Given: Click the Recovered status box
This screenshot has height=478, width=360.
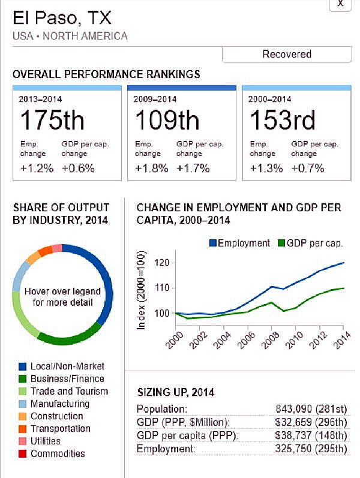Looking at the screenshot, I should click(x=287, y=54).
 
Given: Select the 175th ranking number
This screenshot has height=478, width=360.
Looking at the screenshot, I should click(x=52, y=121).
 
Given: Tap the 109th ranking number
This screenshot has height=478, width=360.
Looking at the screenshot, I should click(x=167, y=121).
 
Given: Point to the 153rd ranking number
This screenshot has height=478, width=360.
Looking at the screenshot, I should click(x=281, y=121).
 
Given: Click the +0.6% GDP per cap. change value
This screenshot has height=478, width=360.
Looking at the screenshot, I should click(x=78, y=168).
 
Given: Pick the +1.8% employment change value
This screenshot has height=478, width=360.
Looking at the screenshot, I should click(x=148, y=168).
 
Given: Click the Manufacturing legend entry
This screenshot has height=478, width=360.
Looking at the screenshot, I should click(x=59, y=404).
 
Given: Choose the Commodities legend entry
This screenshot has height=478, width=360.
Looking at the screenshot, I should click(x=58, y=454).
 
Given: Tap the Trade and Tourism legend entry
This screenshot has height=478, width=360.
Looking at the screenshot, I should click(x=69, y=391).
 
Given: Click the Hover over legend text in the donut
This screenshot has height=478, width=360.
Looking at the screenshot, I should click(x=62, y=296).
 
